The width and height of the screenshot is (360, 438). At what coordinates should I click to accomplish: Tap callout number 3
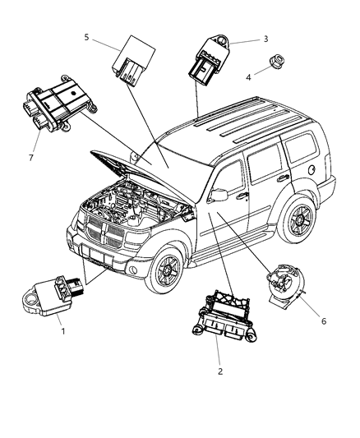tap(265, 39)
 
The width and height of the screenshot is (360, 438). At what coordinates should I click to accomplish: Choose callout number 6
tap(324, 320)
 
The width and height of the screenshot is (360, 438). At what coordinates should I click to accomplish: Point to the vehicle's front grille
tap(108, 235)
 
